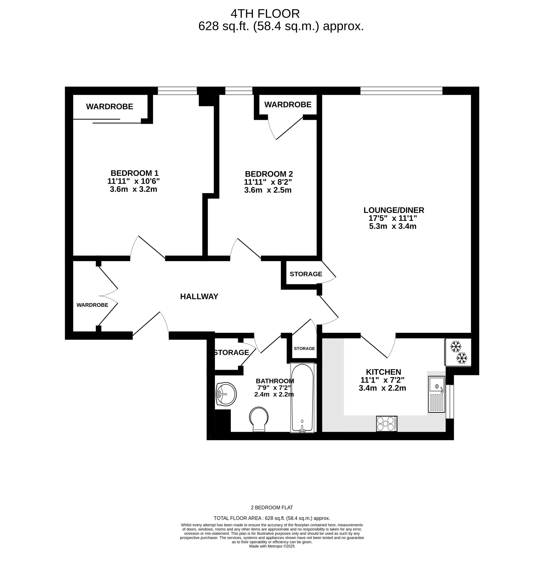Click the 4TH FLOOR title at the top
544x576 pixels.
[265, 14]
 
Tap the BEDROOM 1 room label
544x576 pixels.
[135, 173]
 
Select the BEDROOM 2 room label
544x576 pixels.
[269, 174]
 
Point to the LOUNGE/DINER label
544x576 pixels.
[394, 210]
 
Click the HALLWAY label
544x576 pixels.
[199, 296]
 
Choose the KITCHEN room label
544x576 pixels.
[383, 372]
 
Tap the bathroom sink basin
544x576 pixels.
[226, 394]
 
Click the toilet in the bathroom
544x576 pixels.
[259, 419]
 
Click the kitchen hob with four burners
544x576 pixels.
[387, 424]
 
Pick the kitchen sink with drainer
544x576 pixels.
[436, 394]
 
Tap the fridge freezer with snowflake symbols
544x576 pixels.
[458, 352]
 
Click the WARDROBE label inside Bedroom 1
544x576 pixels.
[110, 107]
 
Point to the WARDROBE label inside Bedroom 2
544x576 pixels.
[288, 104]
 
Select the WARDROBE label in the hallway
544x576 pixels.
[92, 305]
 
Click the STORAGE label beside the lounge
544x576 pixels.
[306, 274]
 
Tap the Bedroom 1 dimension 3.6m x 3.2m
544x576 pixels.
[133, 189]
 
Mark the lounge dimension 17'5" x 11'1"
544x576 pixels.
[392, 218]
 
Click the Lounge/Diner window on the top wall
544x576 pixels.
[401, 91]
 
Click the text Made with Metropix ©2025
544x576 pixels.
[272, 546]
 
